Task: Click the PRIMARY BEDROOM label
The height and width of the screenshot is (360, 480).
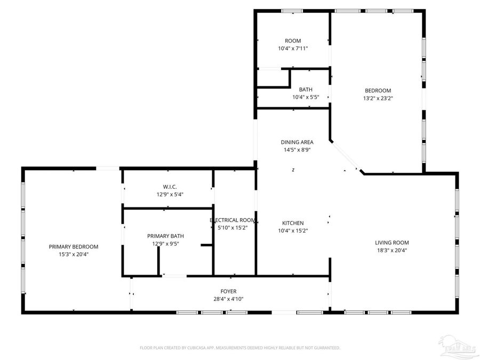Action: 74,246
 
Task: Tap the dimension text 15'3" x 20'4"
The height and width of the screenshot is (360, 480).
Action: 74,254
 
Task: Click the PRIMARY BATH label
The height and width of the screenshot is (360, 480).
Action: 166,236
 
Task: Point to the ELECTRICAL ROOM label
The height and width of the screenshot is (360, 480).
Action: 233,220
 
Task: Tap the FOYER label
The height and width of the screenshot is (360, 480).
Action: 228,291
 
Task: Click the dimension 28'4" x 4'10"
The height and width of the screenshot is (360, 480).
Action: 228,299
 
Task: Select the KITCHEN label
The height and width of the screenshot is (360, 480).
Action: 293,223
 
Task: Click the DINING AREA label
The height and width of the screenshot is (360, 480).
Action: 297,142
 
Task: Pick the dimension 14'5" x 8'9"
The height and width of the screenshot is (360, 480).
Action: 297,150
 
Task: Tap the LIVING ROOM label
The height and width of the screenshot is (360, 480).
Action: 391,242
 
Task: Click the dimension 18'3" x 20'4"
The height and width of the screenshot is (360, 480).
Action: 391,250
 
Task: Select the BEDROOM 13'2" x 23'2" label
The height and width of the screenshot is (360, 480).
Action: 378,91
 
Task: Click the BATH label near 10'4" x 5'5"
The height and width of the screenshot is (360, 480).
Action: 306,90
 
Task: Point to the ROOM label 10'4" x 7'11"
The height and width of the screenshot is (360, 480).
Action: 293,41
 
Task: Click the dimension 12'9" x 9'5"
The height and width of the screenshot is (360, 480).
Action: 166,244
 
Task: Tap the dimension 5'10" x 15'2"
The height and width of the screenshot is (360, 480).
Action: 233,227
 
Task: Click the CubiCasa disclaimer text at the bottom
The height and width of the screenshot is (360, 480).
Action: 239,348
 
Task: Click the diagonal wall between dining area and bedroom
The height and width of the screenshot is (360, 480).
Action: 347,157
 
